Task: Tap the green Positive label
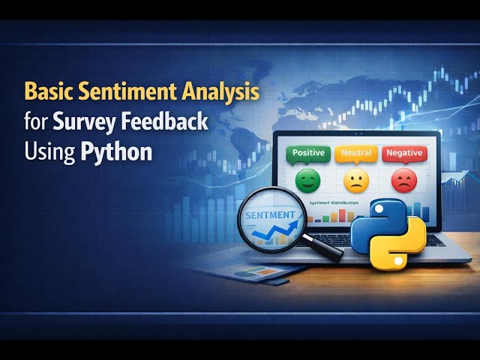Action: [308, 153]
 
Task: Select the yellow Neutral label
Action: [355, 153]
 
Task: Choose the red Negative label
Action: [404, 153]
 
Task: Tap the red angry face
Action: [403, 181]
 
